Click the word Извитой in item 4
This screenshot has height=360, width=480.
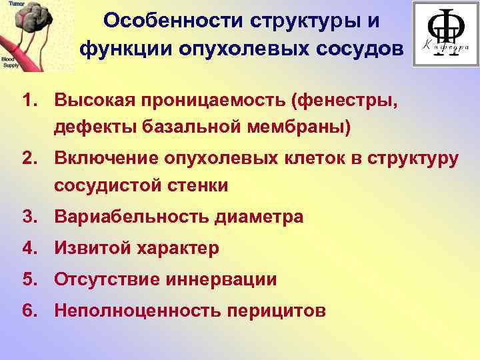tap(91, 249)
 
